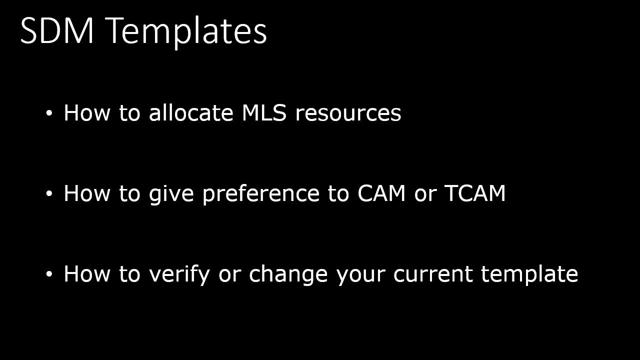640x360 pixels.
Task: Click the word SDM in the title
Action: click(x=57, y=31)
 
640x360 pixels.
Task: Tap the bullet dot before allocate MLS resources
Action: click(x=49, y=113)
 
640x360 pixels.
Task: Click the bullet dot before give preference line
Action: click(x=49, y=194)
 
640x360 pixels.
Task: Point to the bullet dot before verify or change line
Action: click(x=49, y=274)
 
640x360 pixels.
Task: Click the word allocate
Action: click(x=191, y=113)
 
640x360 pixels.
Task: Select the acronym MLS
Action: click(x=264, y=113)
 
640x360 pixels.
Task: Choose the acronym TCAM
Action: click(x=474, y=193)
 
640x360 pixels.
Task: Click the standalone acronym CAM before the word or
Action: click(x=381, y=193)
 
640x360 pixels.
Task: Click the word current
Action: click(x=433, y=274)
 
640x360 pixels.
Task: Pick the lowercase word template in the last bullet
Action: click(x=529, y=274)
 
